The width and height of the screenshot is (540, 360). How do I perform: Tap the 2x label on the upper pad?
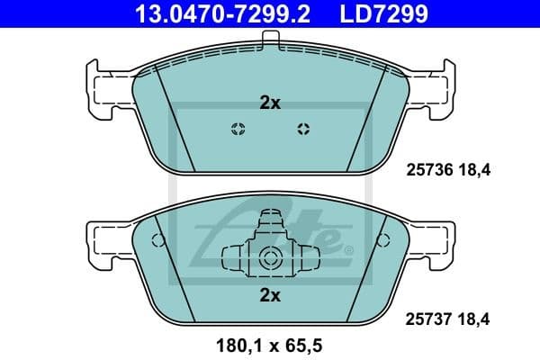270,103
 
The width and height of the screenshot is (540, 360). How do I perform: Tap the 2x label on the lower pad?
270,293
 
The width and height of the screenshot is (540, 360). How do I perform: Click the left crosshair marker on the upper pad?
238,127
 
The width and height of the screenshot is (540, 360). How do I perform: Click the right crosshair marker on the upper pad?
302,127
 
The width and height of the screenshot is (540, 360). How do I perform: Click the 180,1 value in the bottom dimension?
233,345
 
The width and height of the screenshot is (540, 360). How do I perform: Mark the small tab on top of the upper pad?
270,37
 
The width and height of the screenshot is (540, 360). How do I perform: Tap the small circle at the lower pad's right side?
385,240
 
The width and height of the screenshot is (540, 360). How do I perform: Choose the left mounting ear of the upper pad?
103,87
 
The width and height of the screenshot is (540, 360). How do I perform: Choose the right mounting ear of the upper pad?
436,87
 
